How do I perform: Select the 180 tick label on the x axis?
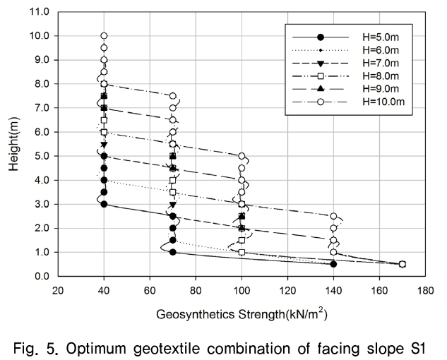click(x=426, y=289)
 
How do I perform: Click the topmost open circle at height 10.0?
click(x=104, y=35)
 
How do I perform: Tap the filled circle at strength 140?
click(x=333, y=264)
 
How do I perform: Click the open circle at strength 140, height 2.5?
click(x=333, y=216)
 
